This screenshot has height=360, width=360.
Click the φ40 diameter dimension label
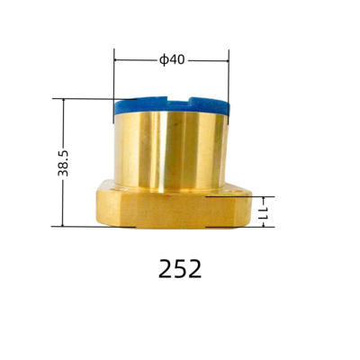coord(171,60)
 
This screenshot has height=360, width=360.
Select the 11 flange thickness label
coord(265,211)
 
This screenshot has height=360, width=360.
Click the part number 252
coord(180,268)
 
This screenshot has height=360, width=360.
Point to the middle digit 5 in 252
coord(180,268)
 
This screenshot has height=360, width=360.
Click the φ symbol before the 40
coord(163,60)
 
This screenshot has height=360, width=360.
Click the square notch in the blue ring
coord(171,100)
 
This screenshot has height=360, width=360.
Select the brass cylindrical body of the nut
coord(171,148)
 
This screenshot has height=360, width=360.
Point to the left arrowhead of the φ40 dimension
coord(118,60)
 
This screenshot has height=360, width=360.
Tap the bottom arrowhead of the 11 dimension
coord(265,224)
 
